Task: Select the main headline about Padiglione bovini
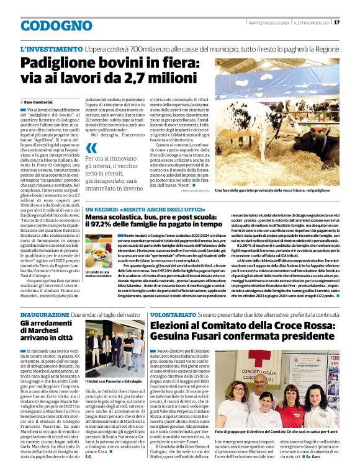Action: point(112,72)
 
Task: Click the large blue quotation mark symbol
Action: point(92,148)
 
